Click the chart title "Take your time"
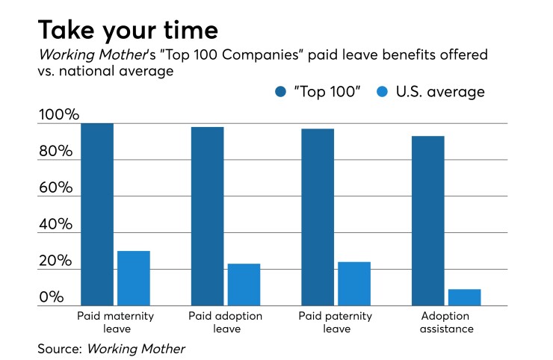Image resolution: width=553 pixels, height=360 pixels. [128, 30]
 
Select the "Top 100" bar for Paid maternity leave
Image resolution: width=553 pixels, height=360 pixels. [96, 214]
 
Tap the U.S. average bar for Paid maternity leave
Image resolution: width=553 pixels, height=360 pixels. [133, 278]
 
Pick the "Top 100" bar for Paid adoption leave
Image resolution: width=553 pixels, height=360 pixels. [207, 216]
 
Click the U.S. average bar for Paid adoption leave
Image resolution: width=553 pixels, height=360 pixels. [244, 285]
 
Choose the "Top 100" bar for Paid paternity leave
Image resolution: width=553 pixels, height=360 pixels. [318, 217]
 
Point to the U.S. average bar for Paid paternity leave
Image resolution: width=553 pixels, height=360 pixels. [354, 284]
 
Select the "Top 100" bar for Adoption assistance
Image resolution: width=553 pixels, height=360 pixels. [428, 220]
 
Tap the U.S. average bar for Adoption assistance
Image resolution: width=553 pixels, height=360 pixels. [465, 297]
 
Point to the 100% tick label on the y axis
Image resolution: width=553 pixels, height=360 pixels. [58, 116]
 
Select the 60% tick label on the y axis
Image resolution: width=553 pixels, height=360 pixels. [55, 188]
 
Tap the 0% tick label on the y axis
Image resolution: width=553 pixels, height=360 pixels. [52, 297]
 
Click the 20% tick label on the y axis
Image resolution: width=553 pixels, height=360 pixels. [55, 261]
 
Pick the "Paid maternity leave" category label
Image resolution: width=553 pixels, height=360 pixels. [116, 322]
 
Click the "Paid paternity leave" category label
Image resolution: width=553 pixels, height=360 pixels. [336, 322]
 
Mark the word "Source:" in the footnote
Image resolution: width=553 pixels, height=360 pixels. [60, 348]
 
